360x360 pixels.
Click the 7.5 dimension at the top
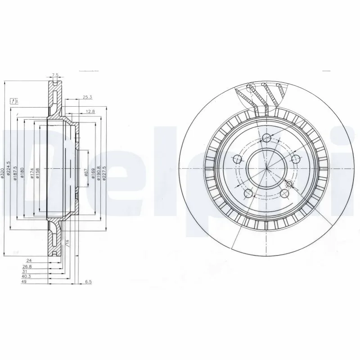(x=55, y=74)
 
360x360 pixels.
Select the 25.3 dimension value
(x=87, y=96)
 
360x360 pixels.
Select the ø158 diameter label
(x=38, y=172)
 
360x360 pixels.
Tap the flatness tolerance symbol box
(x=14, y=101)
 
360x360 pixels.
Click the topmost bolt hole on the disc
(x=266, y=138)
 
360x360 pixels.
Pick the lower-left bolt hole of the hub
(x=247, y=193)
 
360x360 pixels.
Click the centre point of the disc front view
(x=266, y=168)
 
